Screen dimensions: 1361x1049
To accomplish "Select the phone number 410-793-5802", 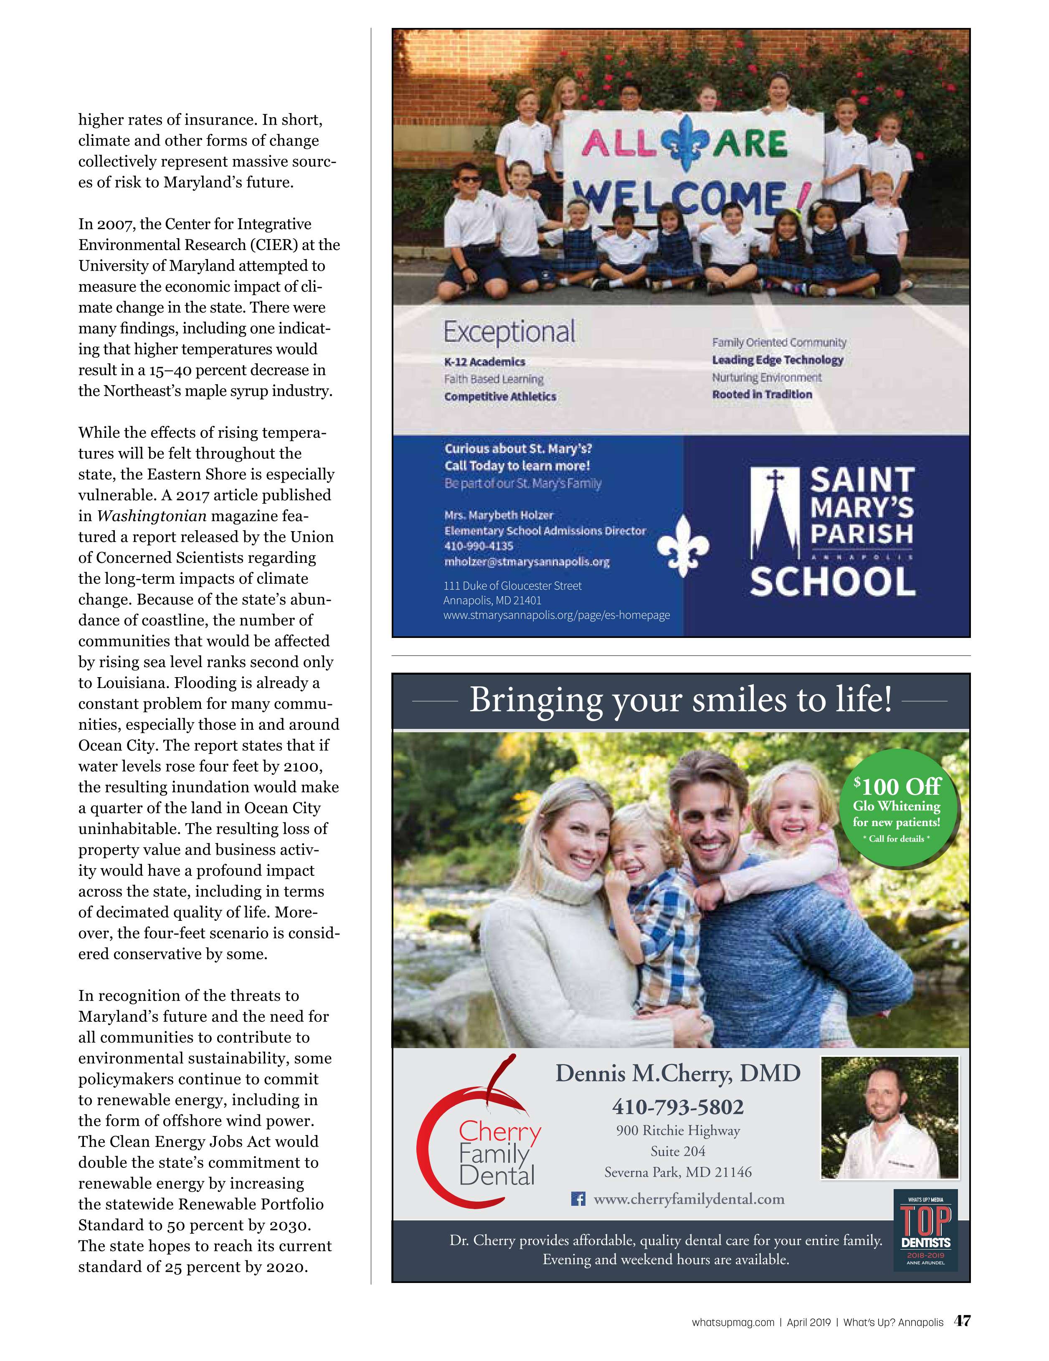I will tap(677, 1107).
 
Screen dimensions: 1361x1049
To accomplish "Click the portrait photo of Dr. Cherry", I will tap(889, 1117).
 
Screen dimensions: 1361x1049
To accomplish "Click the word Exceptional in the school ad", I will tap(509, 332).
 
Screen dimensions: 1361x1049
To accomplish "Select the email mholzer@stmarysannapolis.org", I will tap(526, 562).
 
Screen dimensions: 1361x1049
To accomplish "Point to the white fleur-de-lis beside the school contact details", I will tap(684, 544).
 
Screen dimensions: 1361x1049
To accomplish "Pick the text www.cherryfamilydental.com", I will tap(689, 1199).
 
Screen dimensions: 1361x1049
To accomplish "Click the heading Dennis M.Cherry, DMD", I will tap(677, 1073).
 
